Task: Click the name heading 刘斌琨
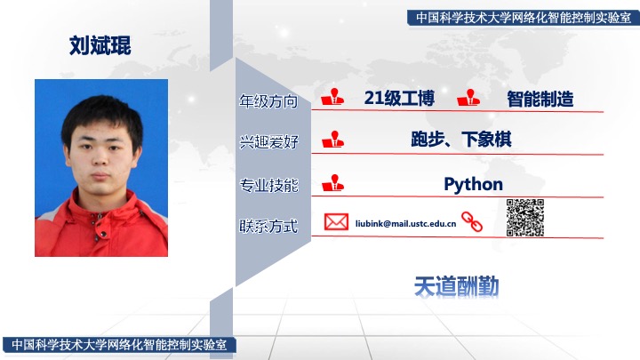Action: pyautogui.click(x=100, y=45)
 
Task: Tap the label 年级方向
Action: pyautogui.click(x=268, y=101)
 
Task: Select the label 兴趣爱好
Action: pyautogui.click(x=268, y=142)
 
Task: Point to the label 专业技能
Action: pyautogui.click(x=268, y=185)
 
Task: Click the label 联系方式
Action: pyautogui.click(x=268, y=226)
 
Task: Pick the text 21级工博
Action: pyautogui.click(x=399, y=99)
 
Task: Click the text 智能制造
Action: pyautogui.click(x=540, y=99)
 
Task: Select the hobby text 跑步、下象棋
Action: pyautogui.click(x=461, y=140)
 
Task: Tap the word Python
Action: pyautogui.click(x=473, y=185)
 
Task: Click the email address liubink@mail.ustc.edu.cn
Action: pyautogui.click(x=405, y=224)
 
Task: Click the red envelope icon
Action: pyautogui.click(x=336, y=222)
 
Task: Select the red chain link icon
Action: pyautogui.click(x=472, y=221)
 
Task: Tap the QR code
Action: pyautogui.click(x=525, y=218)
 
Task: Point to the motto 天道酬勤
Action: pyautogui.click(x=456, y=286)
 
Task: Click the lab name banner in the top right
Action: pyautogui.click(x=524, y=18)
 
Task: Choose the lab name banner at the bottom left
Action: pyautogui.click(x=119, y=345)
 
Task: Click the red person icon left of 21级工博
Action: pyautogui.click(x=332, y=97)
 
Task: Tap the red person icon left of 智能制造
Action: pyautogui.click(x=468, y=98)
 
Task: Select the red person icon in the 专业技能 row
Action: pyautogui.click(x=332, y=183)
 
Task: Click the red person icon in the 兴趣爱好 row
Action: pyautogui.click(x=332, y=140)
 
